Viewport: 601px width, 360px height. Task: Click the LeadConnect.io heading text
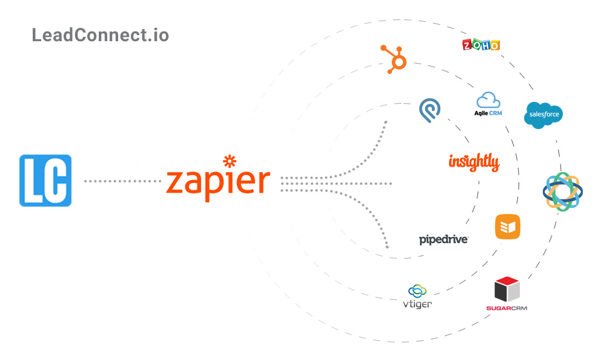[100, 35]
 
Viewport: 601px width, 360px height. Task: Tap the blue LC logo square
[45, 181]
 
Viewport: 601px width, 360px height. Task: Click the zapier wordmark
[218, 181]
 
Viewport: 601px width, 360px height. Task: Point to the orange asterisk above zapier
[230, 161]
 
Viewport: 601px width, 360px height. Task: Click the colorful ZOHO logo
[480, 45]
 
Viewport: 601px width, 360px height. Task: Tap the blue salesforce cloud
[543, 115]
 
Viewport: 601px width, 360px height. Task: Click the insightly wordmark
[474, 162]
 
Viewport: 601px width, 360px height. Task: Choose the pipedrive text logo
[443, 239]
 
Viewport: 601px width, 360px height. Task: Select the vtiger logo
[417, 296]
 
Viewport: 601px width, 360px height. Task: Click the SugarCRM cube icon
[507, 289]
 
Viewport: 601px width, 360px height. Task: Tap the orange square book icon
[507, 227]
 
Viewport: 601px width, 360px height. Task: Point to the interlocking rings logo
[562, 192]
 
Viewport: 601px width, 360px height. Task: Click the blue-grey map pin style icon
[430, 110]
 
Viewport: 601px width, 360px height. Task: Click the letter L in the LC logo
[35, 181]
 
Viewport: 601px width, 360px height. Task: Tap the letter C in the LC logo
[58, 181]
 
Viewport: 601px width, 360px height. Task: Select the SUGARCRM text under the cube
[506, 308]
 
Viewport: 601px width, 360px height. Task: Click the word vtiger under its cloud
[417, 304]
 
